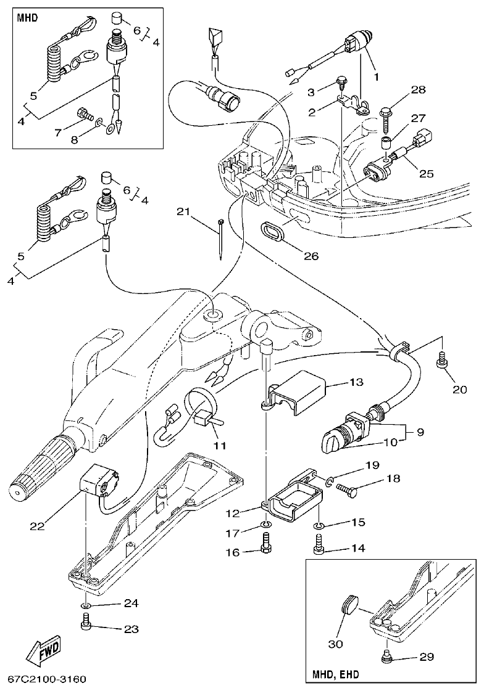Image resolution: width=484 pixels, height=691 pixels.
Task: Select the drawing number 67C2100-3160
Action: [46, 679]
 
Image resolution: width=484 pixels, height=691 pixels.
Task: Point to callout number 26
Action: [311, 255]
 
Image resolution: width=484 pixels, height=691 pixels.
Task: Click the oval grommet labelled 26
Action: [272, 233]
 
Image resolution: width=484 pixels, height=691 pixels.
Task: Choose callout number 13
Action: [357, 382]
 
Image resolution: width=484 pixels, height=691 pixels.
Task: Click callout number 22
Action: [37, 526]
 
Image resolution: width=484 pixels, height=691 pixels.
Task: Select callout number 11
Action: [219, 445]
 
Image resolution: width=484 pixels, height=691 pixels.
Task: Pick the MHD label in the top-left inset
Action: [27, 17]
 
